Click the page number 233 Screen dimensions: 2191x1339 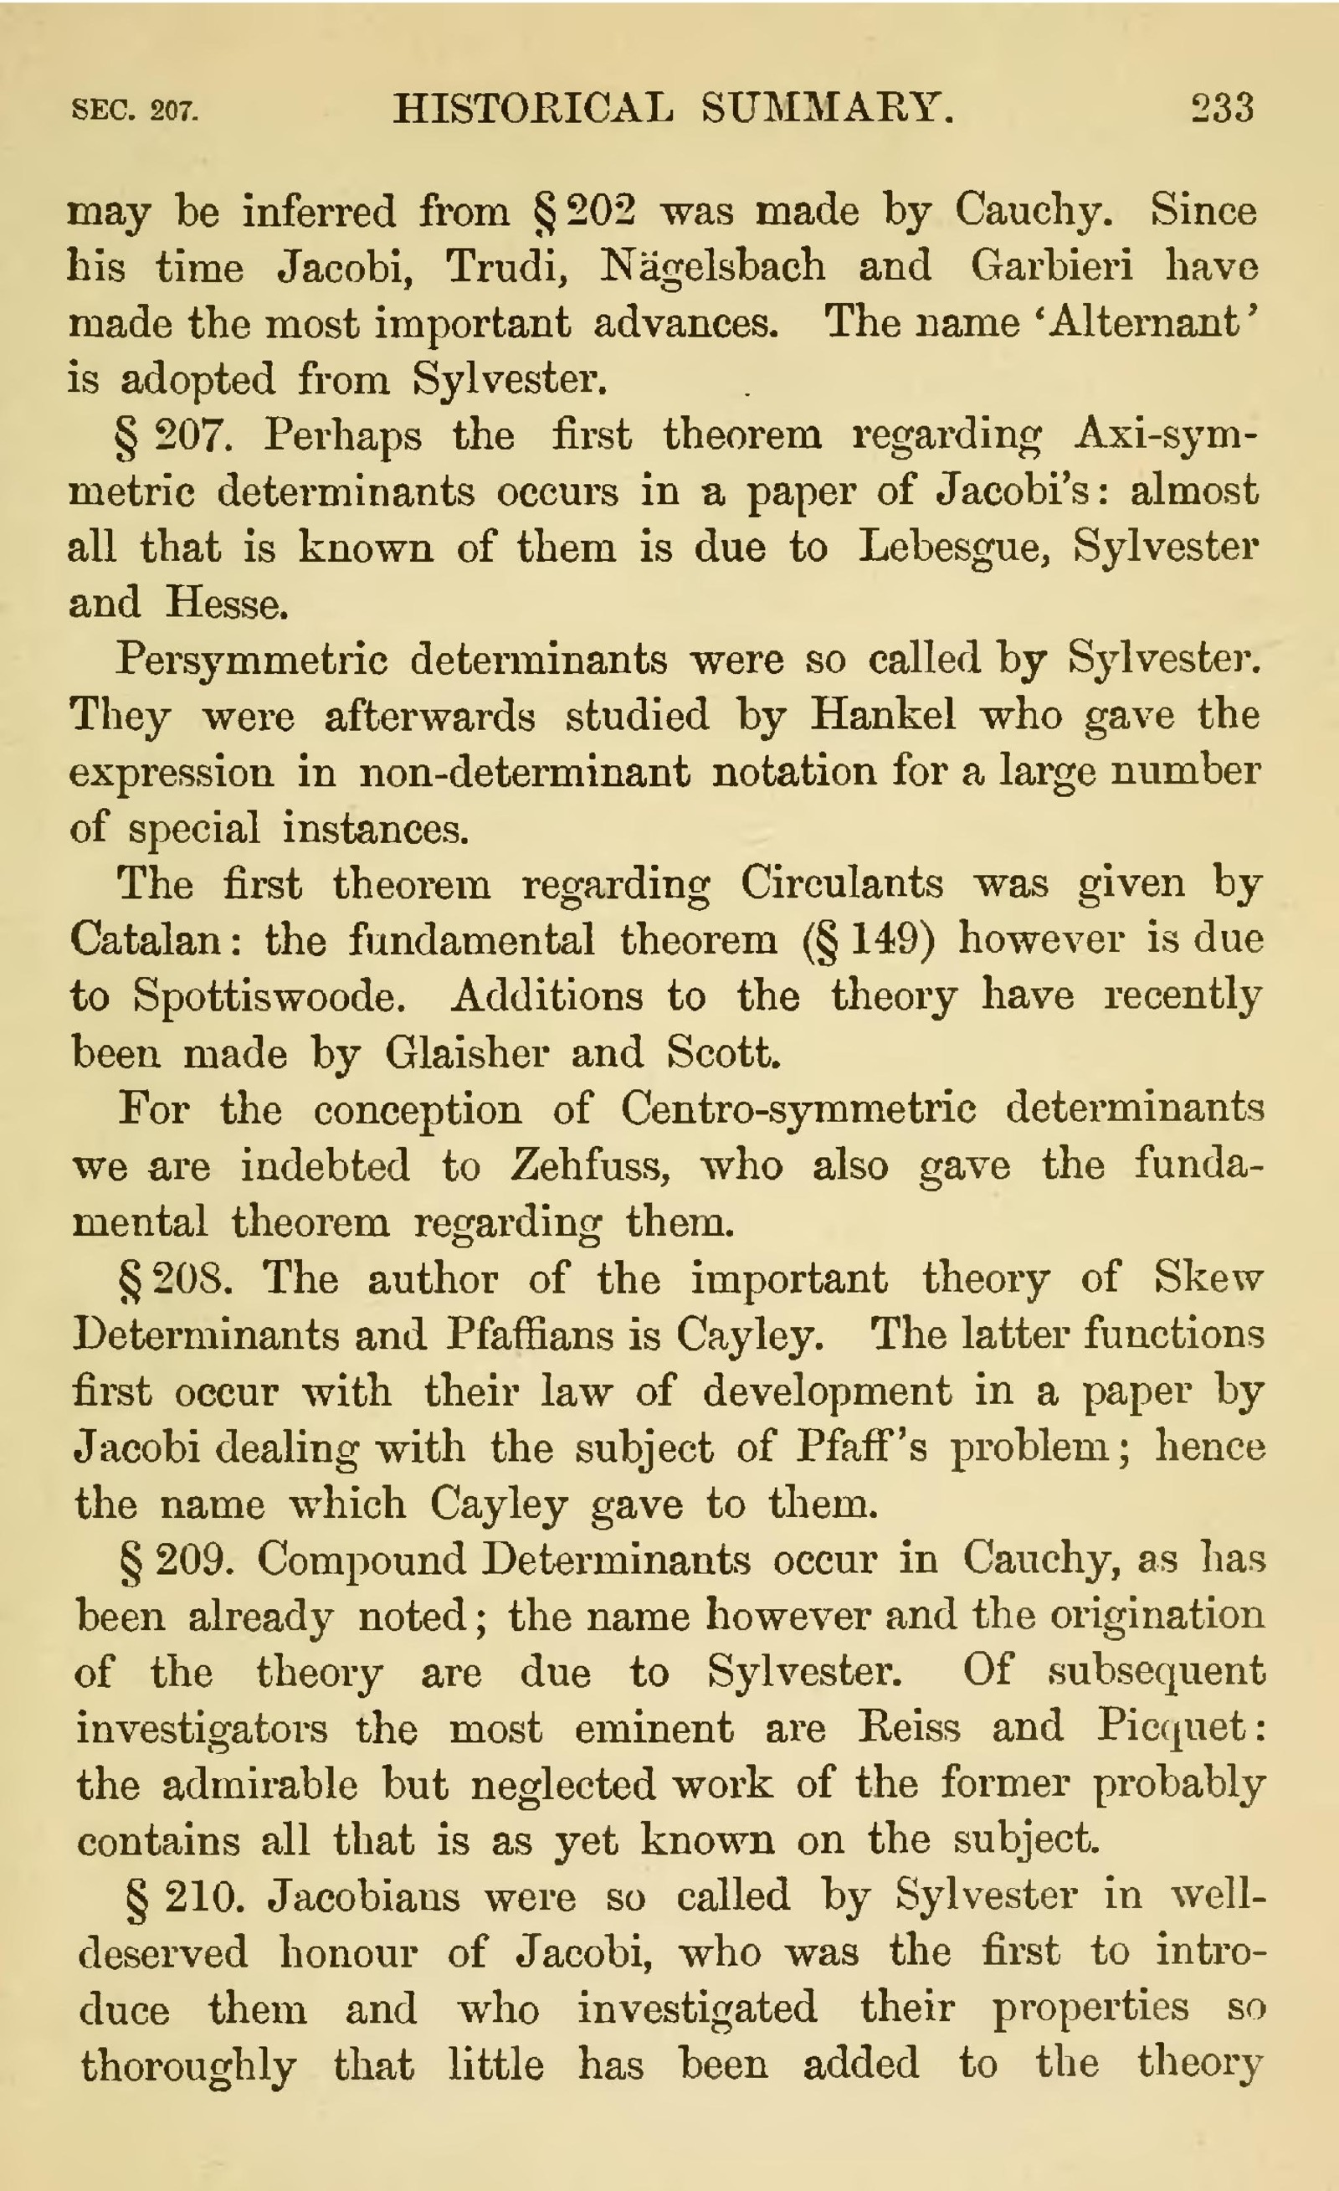pyautogui.click(x=1223, y=109)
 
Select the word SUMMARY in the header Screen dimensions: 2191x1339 pyautogui.click(x=828, y=109)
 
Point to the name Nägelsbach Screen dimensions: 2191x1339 pyautogui.click(x=712, y=266)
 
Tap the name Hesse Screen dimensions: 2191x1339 pyautogui.click(x=227, y=604)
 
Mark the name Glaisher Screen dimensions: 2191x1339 pyautogui.click(x=466, y=1054)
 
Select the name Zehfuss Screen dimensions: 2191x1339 pyautogui.click(x=589, y=1165)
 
